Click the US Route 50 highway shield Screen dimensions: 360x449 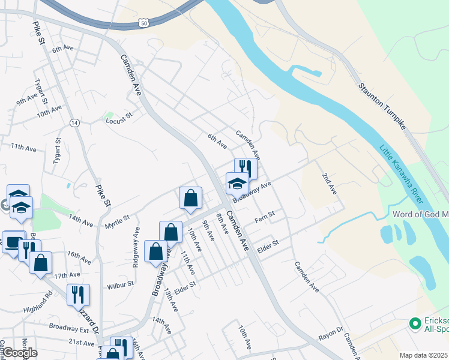point(143,22)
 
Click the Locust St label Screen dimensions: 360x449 point(118,121)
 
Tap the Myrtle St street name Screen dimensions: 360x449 point(117,222)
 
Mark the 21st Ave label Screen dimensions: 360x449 point(81,343)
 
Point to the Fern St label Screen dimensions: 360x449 point(264,214)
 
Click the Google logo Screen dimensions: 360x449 point(20,353)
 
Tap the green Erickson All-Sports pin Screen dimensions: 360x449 point(414,323)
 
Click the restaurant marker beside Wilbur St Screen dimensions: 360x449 point(78,295)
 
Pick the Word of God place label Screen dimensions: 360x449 point(420,214)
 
